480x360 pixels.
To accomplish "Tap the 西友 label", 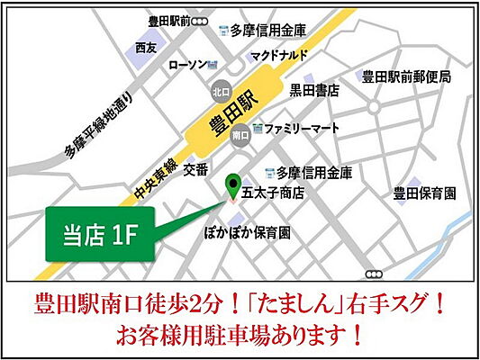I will click(146, 46).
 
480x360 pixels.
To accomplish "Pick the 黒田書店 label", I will click(313, 89).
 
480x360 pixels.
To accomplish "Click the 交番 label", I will click(195, 169).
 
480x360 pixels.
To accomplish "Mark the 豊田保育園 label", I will click(425, 193).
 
